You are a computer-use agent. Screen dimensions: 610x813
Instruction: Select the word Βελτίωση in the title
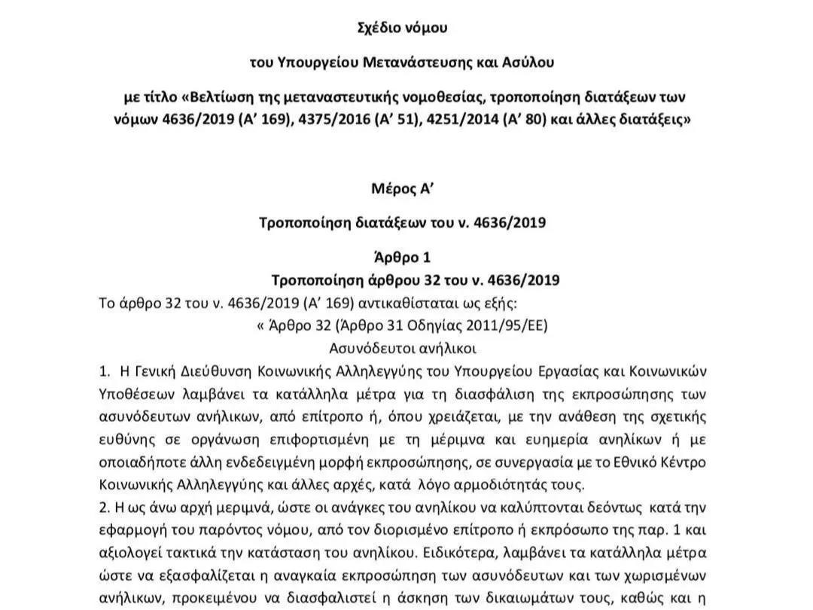225,98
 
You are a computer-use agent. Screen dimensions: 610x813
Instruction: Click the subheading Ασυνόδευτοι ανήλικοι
403,349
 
